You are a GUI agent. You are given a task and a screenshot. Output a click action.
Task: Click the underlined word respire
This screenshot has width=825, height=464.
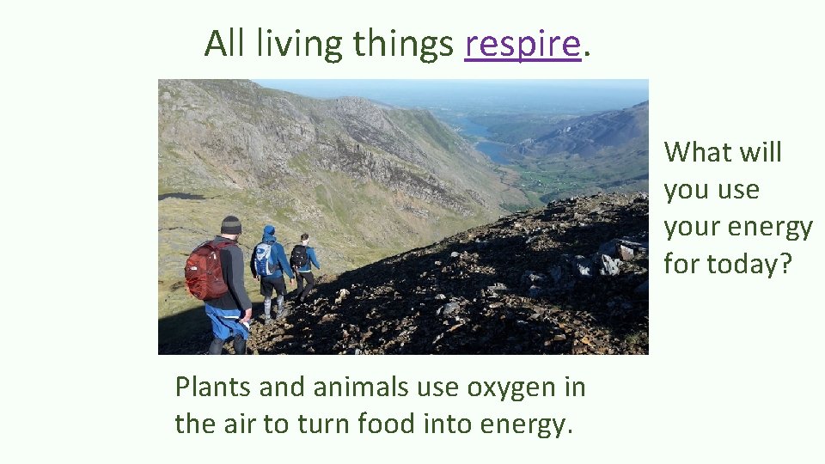point(522,44)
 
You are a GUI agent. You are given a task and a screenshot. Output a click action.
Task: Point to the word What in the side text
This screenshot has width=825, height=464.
point(695,152)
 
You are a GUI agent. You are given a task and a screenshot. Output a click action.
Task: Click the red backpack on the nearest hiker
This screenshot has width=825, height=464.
point(206,270)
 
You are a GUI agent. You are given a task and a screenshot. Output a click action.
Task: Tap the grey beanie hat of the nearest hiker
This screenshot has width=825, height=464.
point(230,225)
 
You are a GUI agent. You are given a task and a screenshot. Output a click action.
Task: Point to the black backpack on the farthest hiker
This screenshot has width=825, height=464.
point(298,256)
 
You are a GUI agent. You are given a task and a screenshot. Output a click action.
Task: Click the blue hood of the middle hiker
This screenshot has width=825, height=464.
point(269,232)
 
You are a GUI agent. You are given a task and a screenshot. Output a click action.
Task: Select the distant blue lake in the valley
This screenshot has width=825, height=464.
point(495,150)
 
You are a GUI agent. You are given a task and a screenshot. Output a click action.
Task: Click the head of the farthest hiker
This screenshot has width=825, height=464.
point(303,238)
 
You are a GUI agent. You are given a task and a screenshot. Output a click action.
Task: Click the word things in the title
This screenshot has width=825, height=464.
point(403,44)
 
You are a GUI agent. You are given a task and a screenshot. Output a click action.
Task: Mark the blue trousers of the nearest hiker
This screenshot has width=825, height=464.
point(226,325)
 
